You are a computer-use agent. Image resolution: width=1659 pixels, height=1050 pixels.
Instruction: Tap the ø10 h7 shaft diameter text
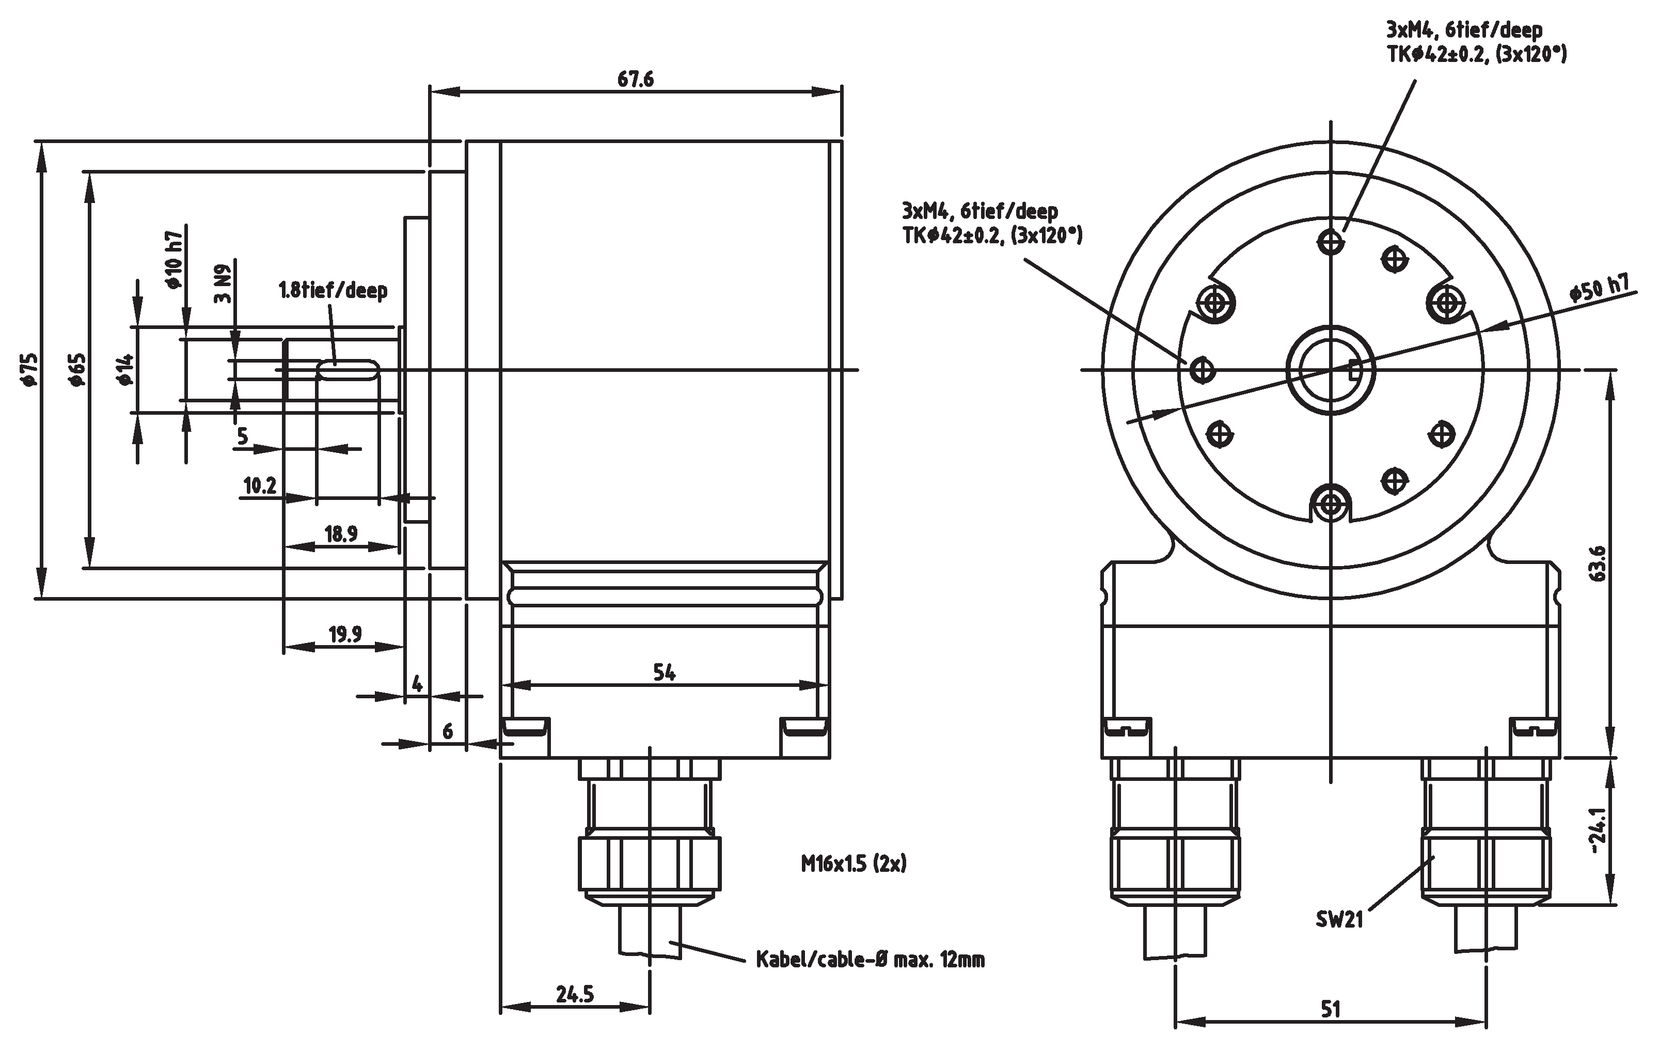[x=173, y=260]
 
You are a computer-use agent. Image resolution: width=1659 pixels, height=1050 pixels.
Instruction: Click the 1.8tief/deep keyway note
[x=333, y=290]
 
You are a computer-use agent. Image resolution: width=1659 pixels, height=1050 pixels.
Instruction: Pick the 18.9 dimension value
[x=341, y=534]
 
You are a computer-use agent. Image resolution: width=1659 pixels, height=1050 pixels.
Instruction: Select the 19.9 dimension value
[x=345, y=634]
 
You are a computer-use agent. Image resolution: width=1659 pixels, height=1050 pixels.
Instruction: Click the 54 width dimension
[x=664, y=672]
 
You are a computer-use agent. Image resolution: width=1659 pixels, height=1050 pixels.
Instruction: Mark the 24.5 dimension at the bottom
[x=575, y=994]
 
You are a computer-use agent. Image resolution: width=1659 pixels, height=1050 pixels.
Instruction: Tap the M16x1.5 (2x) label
[x=854, y=863]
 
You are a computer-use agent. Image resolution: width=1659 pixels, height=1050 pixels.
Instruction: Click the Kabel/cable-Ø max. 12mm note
[x=870, y=959]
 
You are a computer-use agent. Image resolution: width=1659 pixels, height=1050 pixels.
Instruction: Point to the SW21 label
[x=1339, y=919]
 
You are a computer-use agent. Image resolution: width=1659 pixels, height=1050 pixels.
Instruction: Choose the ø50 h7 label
[x=1600, y=288]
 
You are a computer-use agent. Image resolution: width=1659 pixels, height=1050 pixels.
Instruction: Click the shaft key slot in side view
[x=347, y=370]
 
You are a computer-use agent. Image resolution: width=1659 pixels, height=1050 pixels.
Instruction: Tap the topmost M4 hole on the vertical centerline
[x=1331, y=242]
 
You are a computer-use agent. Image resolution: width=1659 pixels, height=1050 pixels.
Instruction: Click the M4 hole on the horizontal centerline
[x=1203, y=370]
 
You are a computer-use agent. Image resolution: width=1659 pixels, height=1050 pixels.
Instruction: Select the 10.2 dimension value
[x=260, y=485]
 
